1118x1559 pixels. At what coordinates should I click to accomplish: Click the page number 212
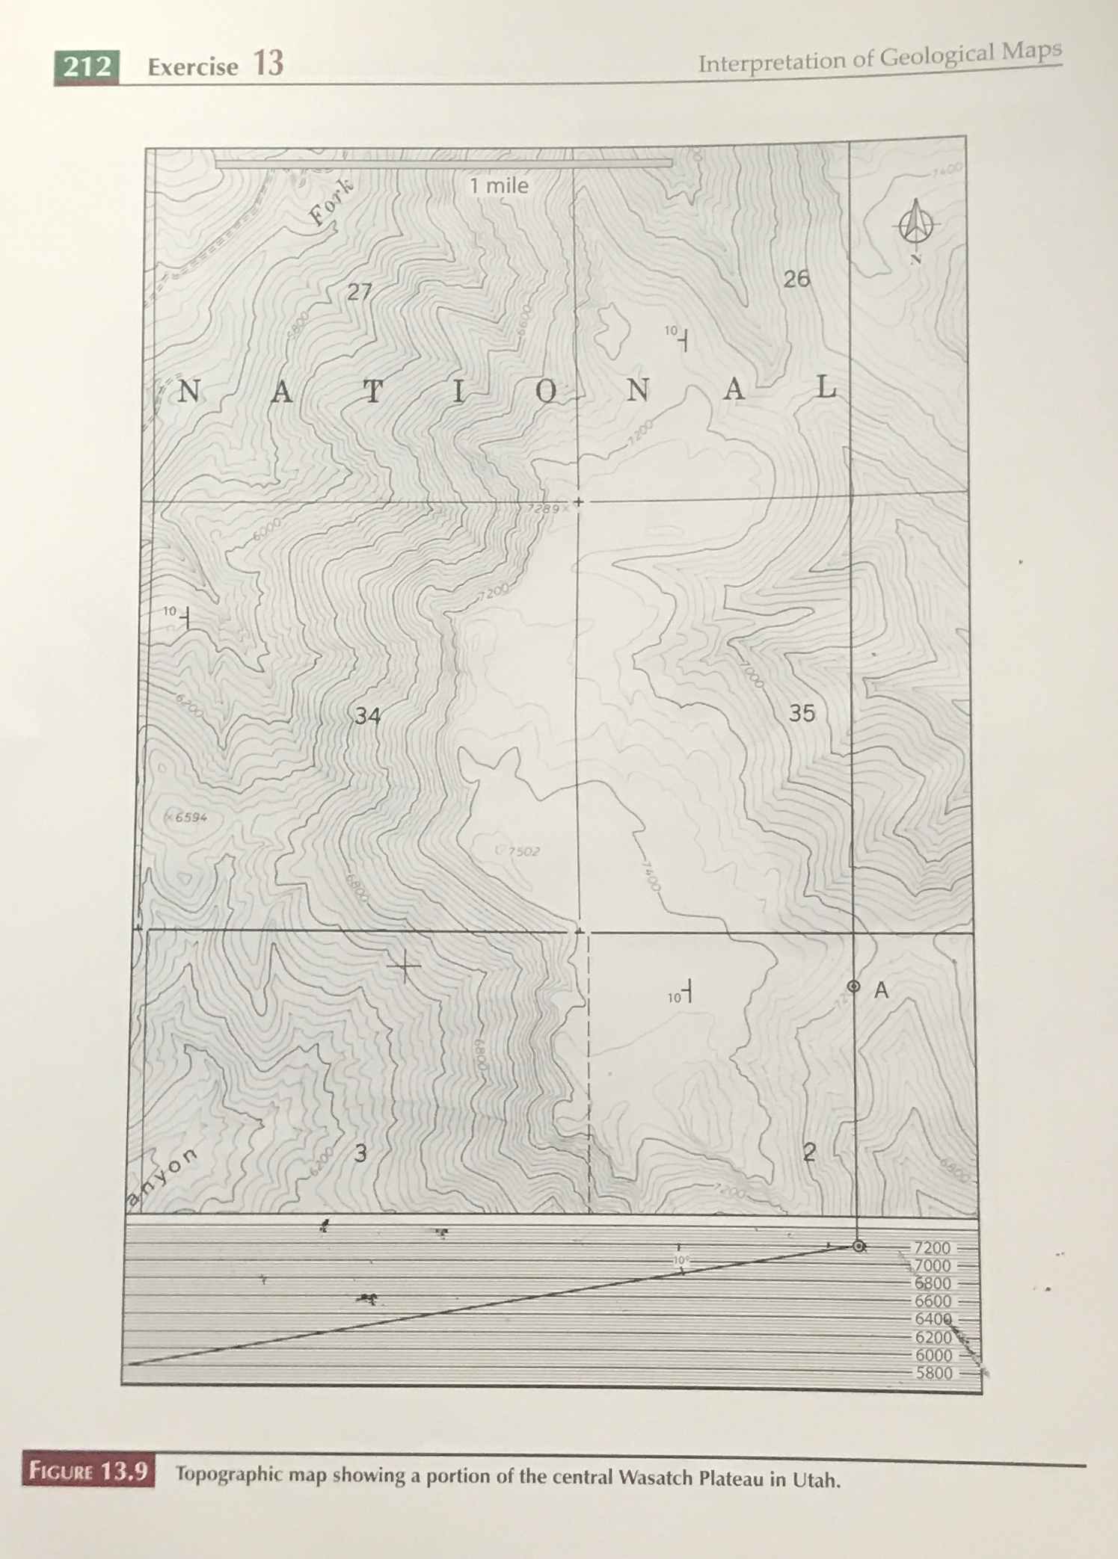87,67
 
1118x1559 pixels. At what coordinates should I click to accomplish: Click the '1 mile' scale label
499,186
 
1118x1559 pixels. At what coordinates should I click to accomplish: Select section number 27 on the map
359,291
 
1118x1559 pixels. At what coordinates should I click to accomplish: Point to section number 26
796,279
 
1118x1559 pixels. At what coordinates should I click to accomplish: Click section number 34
367,716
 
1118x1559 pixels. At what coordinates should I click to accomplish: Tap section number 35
802,713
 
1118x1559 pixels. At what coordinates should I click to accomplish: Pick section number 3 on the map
360,1153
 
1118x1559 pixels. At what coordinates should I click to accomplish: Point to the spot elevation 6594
190,817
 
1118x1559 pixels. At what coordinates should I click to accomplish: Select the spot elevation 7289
543,508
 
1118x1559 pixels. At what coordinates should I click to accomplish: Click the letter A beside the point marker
882,990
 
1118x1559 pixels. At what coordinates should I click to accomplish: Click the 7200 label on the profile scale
932,1248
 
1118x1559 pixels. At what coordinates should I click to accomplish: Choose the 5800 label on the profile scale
934,1373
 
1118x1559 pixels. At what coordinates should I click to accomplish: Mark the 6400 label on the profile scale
933,1319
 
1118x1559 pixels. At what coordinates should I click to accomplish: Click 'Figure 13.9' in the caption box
88,1472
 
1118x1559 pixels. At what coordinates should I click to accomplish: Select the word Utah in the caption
817,1480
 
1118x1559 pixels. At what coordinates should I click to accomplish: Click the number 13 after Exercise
268,64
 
